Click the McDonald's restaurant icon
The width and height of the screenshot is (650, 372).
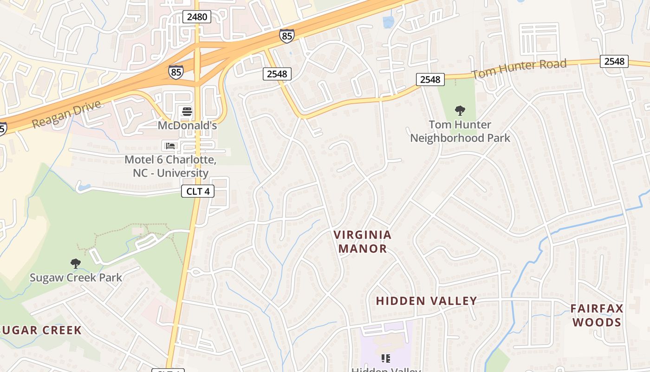coord(187,112)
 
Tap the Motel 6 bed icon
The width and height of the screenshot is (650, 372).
coord(170,146)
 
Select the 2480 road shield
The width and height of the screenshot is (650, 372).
coord(197,17)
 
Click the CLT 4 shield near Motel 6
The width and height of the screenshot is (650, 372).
coord(197,191)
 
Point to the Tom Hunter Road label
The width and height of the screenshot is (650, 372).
coord(519,69)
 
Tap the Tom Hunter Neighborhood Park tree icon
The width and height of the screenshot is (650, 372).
coord(460,111)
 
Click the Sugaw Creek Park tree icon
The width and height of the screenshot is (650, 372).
coord(75,264)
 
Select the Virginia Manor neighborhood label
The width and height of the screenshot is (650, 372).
coord(363,241)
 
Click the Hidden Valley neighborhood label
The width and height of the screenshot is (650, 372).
coord(426,301)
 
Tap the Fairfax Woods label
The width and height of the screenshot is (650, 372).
coord(597,315)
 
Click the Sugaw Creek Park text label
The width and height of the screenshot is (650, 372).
coord(76,278)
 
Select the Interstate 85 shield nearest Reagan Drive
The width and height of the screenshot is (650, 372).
coord(176,72)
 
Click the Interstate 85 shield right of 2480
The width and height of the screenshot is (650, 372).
coord(286,35)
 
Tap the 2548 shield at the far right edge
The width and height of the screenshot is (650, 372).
coord(614,61)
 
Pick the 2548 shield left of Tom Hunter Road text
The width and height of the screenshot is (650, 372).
coord(430,80)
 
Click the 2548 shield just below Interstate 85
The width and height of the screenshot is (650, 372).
coord(277,73)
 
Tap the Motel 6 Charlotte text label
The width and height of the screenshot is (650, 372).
coord(170,166)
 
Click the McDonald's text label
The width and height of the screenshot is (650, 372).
coord(187,126)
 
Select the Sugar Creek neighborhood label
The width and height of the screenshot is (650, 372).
coord(41,330)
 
